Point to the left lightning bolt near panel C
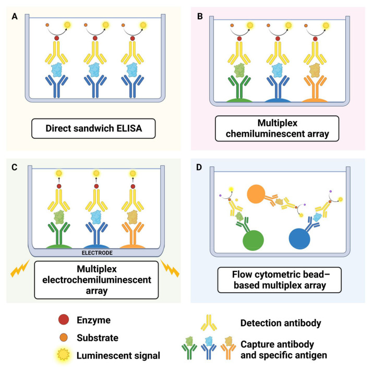20,271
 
